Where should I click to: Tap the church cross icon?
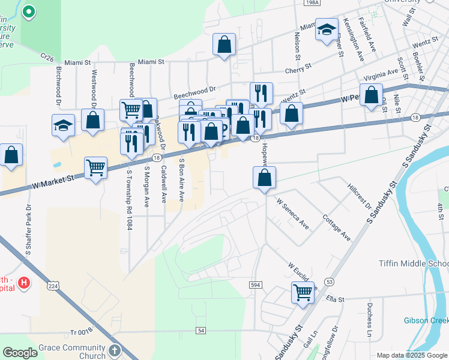pyautogui.click(x=115, y=350)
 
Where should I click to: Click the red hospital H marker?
pyautogui.click(x=23, y=282)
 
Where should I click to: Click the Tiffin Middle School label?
pyautogui.click(x=413, y=264)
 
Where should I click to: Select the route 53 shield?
pyautogui.click(x=329, y=281)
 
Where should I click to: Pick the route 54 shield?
pyautogui.click(x=201, y=331)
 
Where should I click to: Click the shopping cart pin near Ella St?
pyautogui.click(x=303, y=292)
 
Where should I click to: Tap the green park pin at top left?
pyautogui.click(x=28, y=11)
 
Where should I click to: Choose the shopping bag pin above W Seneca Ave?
pyautogui.click(x=264, y=178)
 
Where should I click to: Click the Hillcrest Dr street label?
pyautogui.click(x=360, y=196)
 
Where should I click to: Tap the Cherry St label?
pyautogui.click(x=298, y=68)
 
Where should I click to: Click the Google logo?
pyautogui.click(x=20, y=353)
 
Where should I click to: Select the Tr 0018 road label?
pyautogui.click(x=82, y=332)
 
